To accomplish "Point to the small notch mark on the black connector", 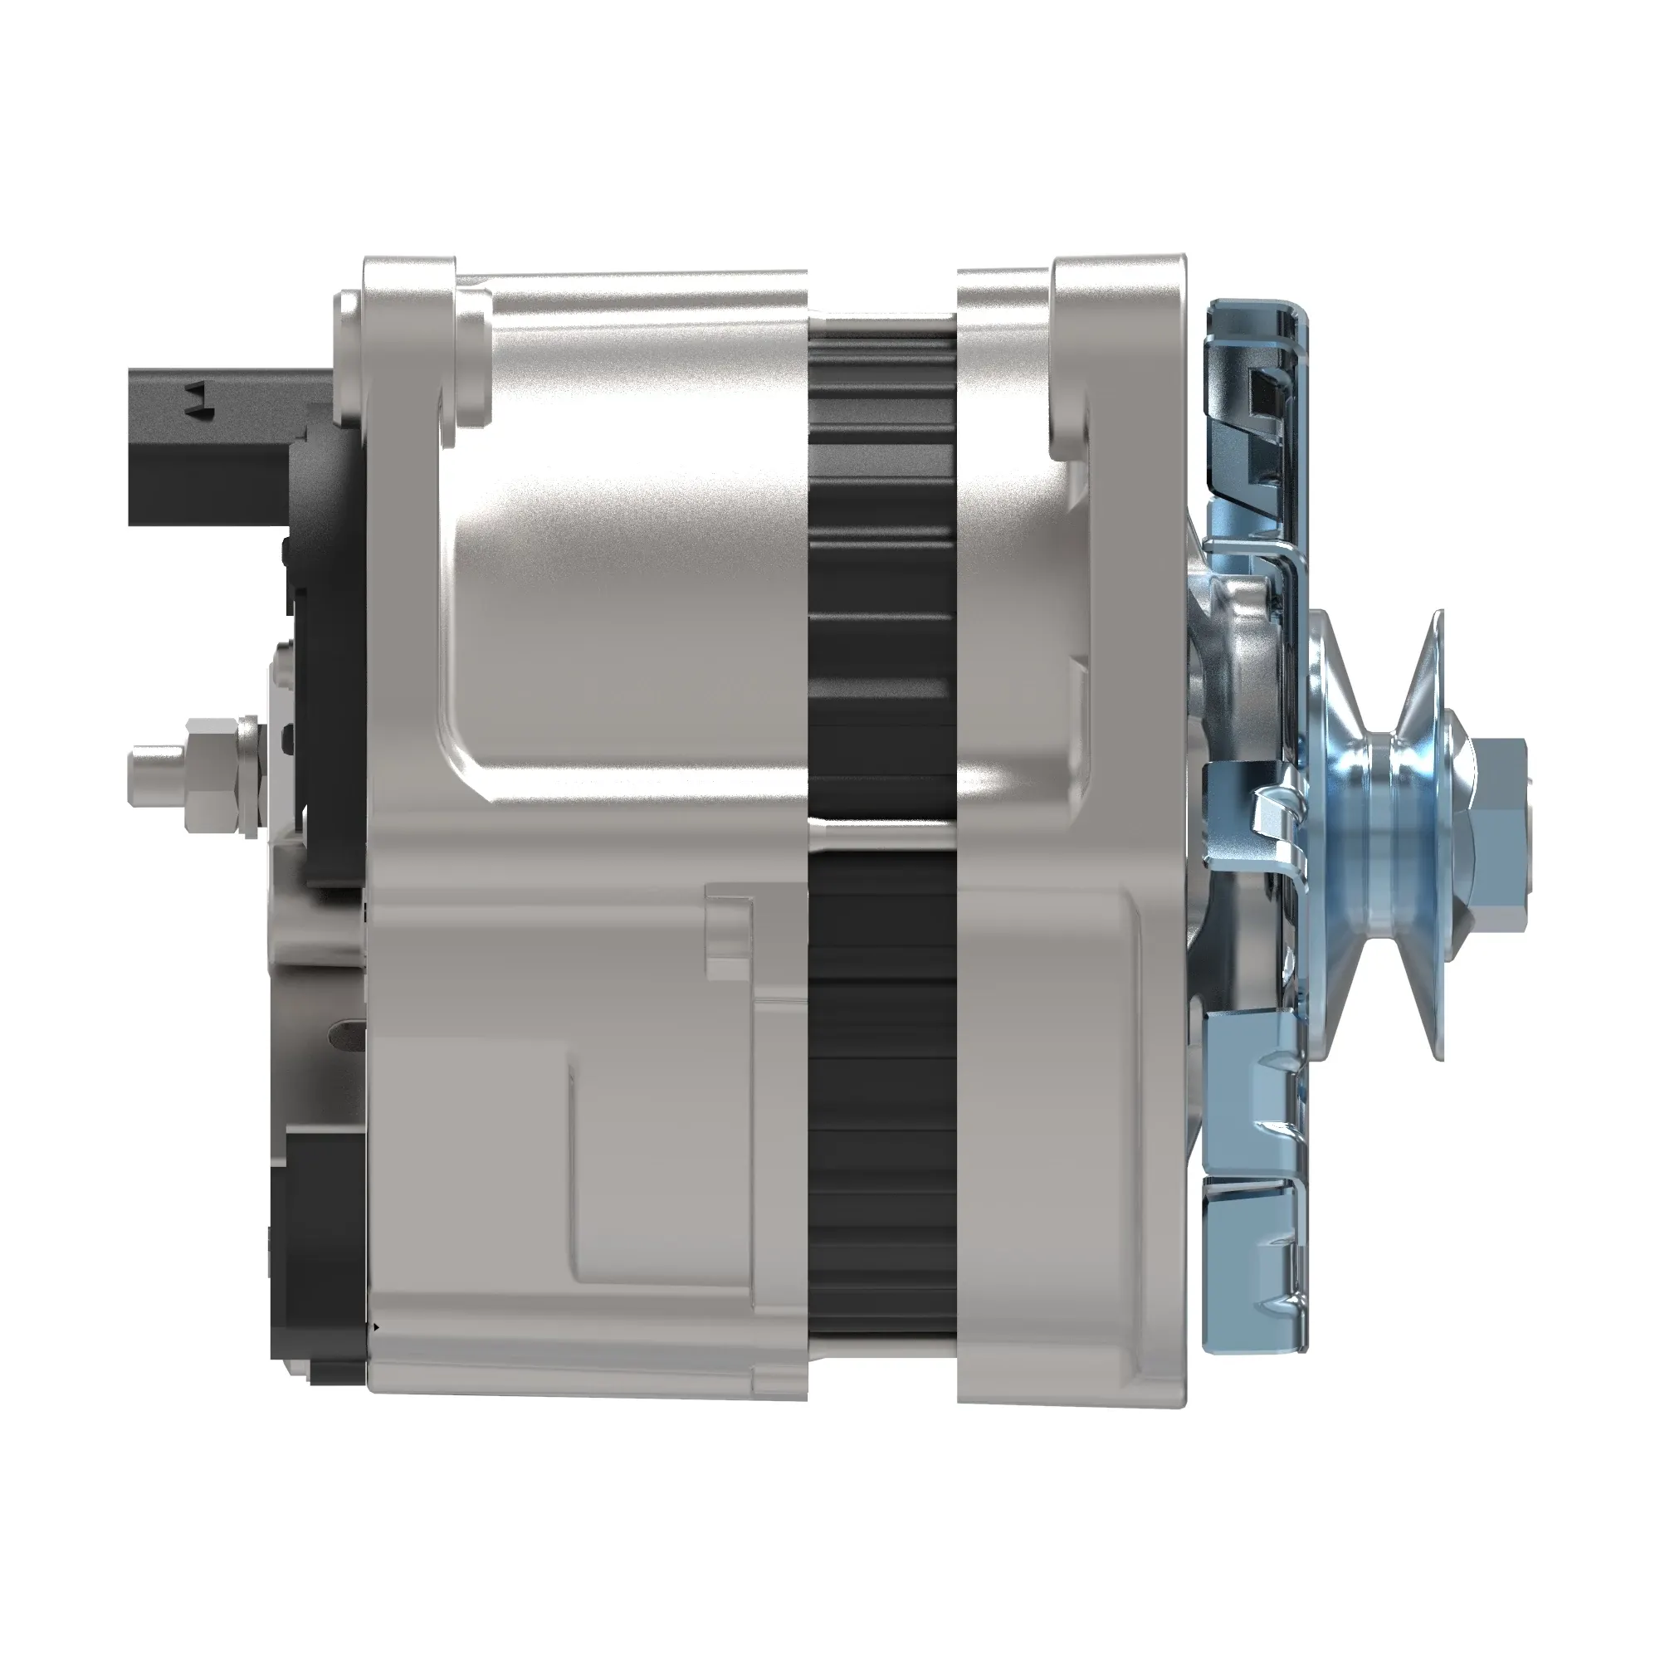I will point(199,397).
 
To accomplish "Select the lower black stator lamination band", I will point(881,1091).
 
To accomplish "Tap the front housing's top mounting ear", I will point(1117,344).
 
